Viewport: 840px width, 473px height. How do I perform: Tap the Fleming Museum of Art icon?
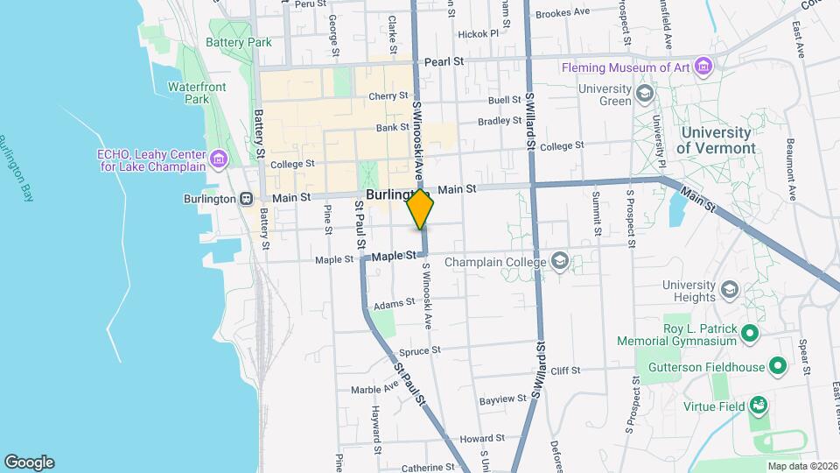[703, 67]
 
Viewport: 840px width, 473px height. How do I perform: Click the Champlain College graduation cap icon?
[559, 261]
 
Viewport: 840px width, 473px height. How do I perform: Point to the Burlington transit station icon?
[248, 199]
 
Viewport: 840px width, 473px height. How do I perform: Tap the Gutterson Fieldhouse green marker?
[779, 366]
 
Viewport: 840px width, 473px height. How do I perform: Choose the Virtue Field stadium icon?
[759, 406]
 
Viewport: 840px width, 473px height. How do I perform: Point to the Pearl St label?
[444, 62]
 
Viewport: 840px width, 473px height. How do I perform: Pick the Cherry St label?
[388, 95]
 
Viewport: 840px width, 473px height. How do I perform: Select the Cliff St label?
[565, 371]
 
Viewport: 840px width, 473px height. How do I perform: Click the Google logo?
[29, 462]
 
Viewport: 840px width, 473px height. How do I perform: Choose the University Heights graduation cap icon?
[731, 290]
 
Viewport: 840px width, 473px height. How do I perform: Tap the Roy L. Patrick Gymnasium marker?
[749, 333]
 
